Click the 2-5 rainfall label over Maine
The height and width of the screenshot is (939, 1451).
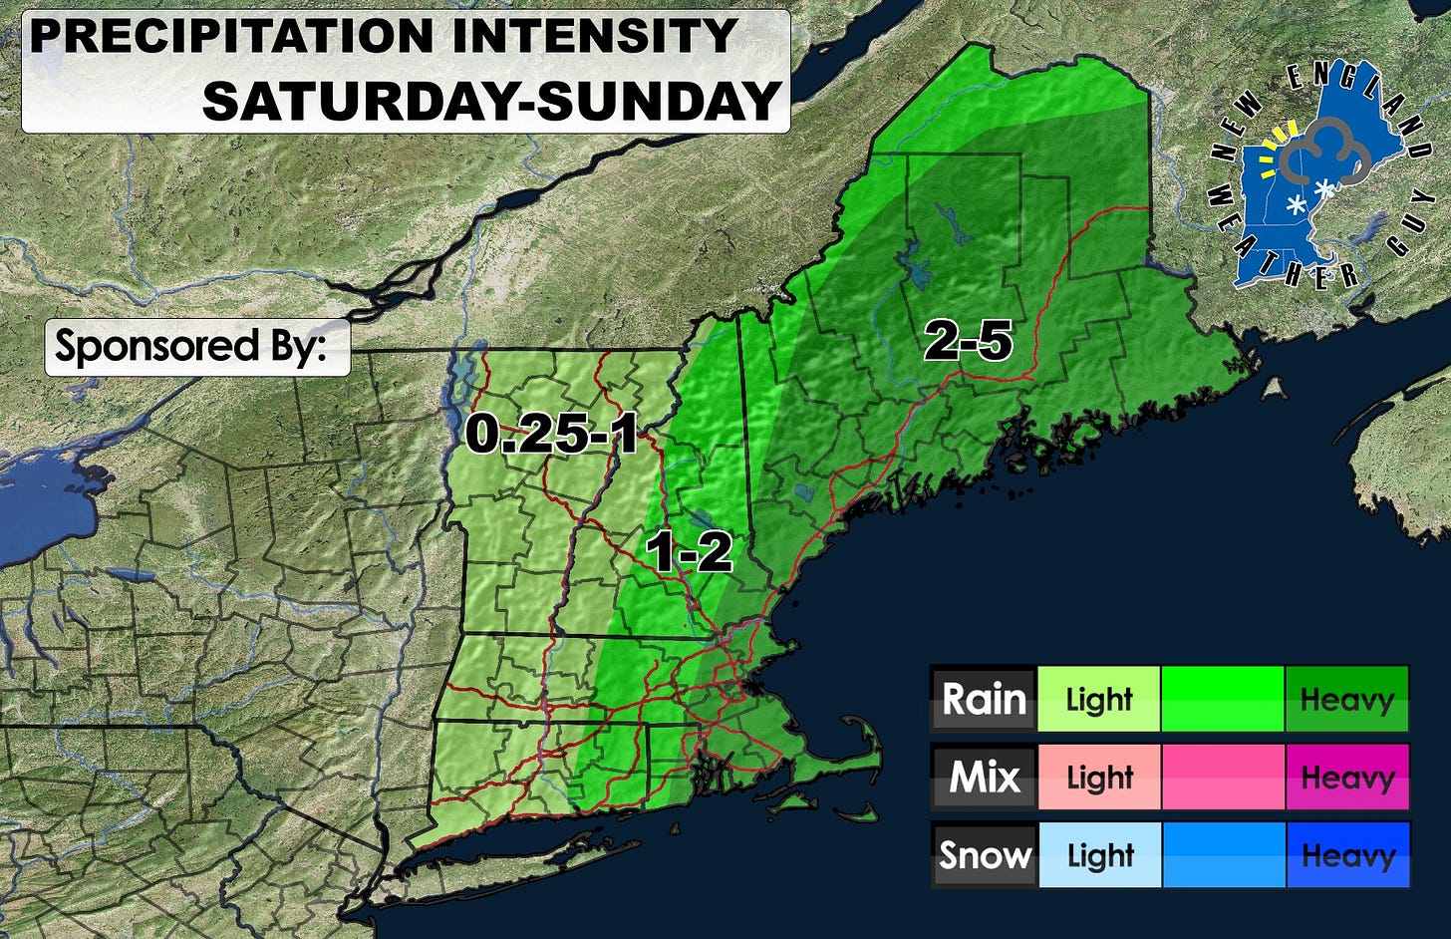(968, 342)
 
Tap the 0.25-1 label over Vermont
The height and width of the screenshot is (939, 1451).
(551, 434)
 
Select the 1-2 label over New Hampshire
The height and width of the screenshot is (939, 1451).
(689, 551)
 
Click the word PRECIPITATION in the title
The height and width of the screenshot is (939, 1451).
(231, 37)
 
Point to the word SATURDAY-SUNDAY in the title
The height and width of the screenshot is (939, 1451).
(491, 100)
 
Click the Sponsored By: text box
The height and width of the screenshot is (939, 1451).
(197, 347)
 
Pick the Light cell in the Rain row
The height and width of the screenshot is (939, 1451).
(1098, 699)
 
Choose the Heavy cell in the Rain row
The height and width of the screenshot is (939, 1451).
(1346, 699)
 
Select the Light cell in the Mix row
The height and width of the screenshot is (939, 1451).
(1098, 777)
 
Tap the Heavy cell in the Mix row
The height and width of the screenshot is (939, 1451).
(1346, 777)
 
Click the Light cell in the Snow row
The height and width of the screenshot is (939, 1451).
(1098, 854)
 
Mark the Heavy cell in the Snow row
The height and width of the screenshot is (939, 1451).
(1346, 854)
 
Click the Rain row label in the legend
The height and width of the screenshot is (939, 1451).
(984, 699)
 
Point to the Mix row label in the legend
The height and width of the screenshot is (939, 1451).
(984, 777)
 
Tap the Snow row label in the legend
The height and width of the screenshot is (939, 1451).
(984, 854)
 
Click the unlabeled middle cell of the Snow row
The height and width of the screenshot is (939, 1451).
(1223, 854)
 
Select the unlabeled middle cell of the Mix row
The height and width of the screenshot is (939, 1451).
(1223, 777)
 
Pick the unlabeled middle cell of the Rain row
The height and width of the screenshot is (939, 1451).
(1223, 699)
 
